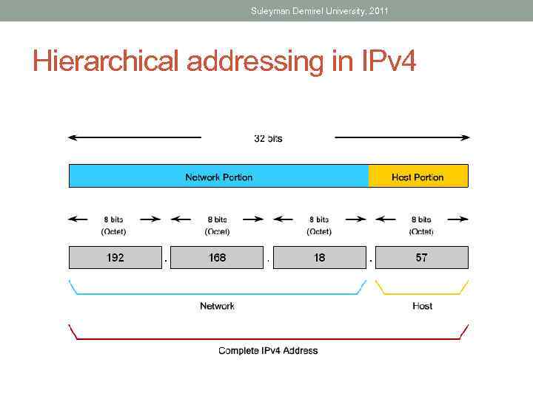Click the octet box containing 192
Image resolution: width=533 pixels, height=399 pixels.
[115, 257]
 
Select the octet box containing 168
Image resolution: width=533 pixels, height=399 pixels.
[217, 257]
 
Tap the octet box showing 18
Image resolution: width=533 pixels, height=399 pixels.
[319, 257]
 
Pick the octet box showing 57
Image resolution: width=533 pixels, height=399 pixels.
[421, 257]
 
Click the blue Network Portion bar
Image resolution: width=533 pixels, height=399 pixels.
[218, 177]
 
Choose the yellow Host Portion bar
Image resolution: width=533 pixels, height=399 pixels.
[418, 177]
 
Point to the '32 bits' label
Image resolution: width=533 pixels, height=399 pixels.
[268, 138]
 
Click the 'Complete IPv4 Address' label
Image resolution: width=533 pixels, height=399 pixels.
[268, 350]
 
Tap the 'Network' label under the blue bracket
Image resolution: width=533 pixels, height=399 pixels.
[217, 306]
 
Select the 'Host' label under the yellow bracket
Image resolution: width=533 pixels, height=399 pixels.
[422, 306]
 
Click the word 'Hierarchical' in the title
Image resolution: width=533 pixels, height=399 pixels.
[107, 61]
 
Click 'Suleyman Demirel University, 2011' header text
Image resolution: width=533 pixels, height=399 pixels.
[319, 11]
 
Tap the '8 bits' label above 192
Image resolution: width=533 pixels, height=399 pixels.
[114, 219]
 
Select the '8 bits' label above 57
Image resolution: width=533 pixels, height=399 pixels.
[421, 219]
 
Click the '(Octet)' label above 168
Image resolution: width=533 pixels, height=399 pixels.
[217, 231]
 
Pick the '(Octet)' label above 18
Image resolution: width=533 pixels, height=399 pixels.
[319, 231]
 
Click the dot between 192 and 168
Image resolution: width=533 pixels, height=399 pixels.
[166, 260]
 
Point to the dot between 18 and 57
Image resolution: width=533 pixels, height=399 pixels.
[370, 260]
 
